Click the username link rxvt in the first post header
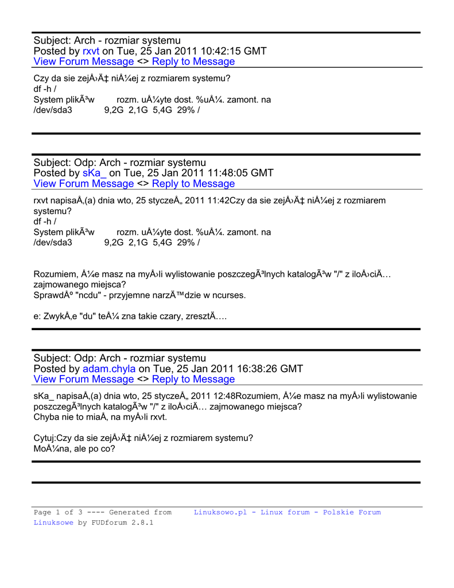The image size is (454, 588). tap(91, 51)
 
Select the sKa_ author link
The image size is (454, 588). tap(95, 173)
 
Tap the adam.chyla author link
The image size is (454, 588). tap(109, 369)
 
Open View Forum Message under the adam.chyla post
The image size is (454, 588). tap(84, 379)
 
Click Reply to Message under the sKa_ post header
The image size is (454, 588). tap(193, 184)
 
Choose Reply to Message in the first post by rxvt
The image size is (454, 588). tap(193, 61)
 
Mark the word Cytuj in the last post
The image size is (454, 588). tap(45, 438)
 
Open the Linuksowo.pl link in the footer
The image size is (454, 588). tap(220, 512)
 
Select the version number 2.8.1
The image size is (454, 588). tap(142, 523)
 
